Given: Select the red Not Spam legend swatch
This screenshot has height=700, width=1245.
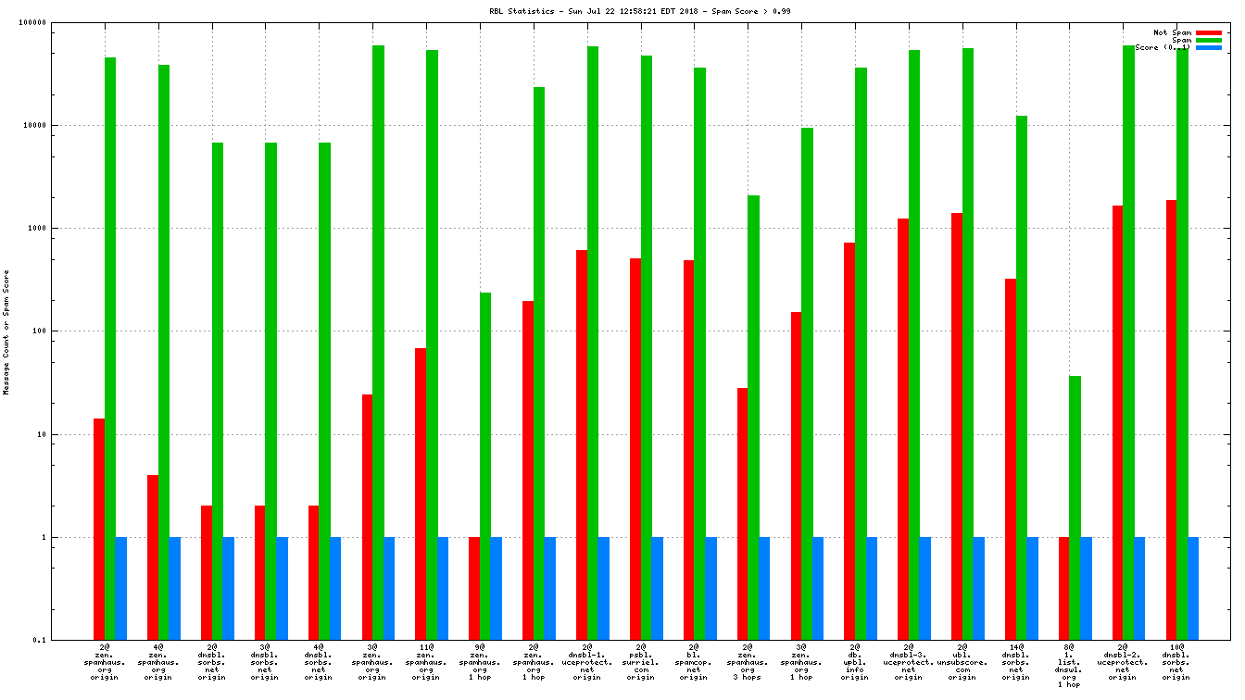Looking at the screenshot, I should coord(1209,32).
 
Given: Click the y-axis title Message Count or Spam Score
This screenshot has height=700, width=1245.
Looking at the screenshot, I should coord(7,332).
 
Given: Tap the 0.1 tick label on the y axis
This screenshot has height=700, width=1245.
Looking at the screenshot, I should coord(65,640).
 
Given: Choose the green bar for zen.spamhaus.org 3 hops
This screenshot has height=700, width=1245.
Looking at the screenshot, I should coord(753,417).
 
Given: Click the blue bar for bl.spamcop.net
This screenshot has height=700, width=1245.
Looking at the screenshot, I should coord(711,588).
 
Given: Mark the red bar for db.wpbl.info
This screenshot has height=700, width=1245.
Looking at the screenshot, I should coord(849,441).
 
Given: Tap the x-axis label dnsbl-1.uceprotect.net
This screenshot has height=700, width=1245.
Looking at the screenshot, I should coord(586,662).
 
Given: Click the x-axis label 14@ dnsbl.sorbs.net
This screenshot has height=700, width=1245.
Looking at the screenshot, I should coord(1015,662).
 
